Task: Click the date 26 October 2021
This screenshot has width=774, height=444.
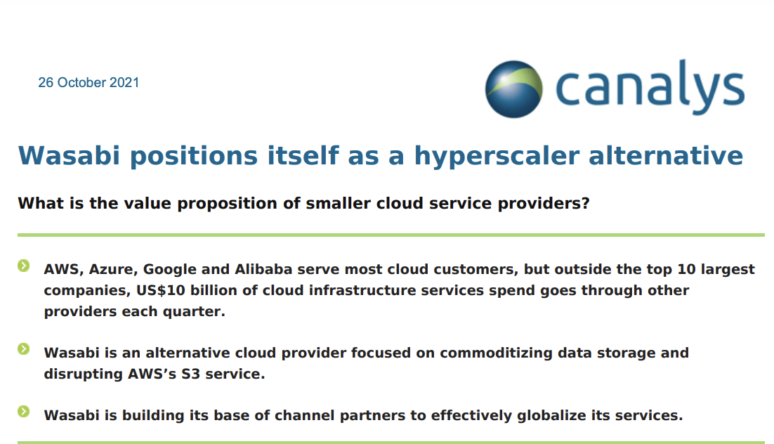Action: pyautogui.click(x=88, y=82)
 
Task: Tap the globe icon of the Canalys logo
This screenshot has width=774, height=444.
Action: pyautogui.click(x=514, y=89)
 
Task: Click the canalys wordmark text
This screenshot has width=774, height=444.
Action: pyautogui.click(x=650, y=87)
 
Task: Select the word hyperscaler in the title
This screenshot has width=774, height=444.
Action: pyautogui.click(x=496, y=156)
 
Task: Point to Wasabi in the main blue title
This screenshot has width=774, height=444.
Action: pyautogui.click(x=69, y=155)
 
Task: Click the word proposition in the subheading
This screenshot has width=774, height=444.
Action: pyautogui.click(x=227, y=204)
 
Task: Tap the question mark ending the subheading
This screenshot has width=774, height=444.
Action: pyautogui.click(x=586, y=203)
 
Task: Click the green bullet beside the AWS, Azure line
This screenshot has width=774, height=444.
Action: pyautogui.click(x=23, y=266)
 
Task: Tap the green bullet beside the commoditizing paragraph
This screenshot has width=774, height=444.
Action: pyautogui.click(x=23, y=349)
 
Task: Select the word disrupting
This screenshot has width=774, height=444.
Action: pyautogui.click(x=83, y=374)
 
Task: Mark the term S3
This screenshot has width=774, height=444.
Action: pyautogui.click(x=190, y=374)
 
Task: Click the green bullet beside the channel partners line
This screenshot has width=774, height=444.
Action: pyautogui.click(x=23, y=412)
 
